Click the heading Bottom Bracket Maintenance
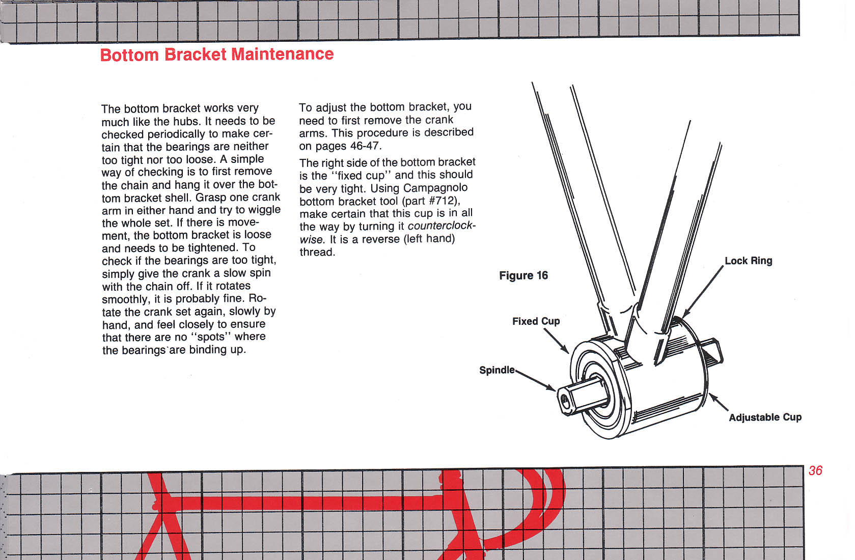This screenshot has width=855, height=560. tap(217, 54)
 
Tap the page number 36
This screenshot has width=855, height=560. tap(815, 470)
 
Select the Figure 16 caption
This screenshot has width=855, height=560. tap(523, 275)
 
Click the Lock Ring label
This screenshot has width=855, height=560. tap(748, 261)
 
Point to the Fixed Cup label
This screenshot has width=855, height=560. tap(536, 321)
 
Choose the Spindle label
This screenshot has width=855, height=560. tap(497, 370)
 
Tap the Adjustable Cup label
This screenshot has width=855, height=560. tap(765, 417)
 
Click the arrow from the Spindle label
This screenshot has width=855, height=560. tap(535, 380)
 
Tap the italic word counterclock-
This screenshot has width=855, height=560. tap(442, 226)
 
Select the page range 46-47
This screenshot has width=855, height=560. tap(365, 146)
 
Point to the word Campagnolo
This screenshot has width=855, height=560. tap(435, 188)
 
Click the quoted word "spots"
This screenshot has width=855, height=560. tap(210, 337)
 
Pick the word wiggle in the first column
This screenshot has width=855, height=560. tap(264, 210)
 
